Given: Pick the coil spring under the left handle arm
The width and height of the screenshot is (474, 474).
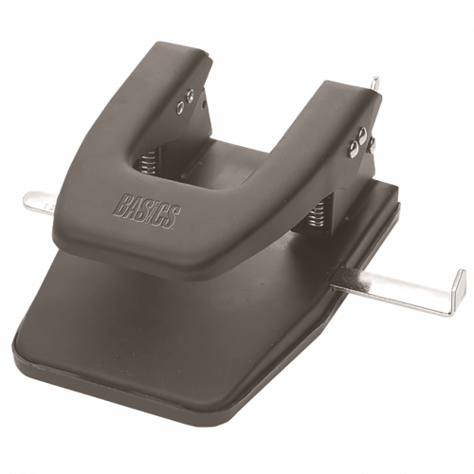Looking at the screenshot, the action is (x=148, y=160).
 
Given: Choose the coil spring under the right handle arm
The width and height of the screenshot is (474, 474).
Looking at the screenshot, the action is (x=317, y=215).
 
